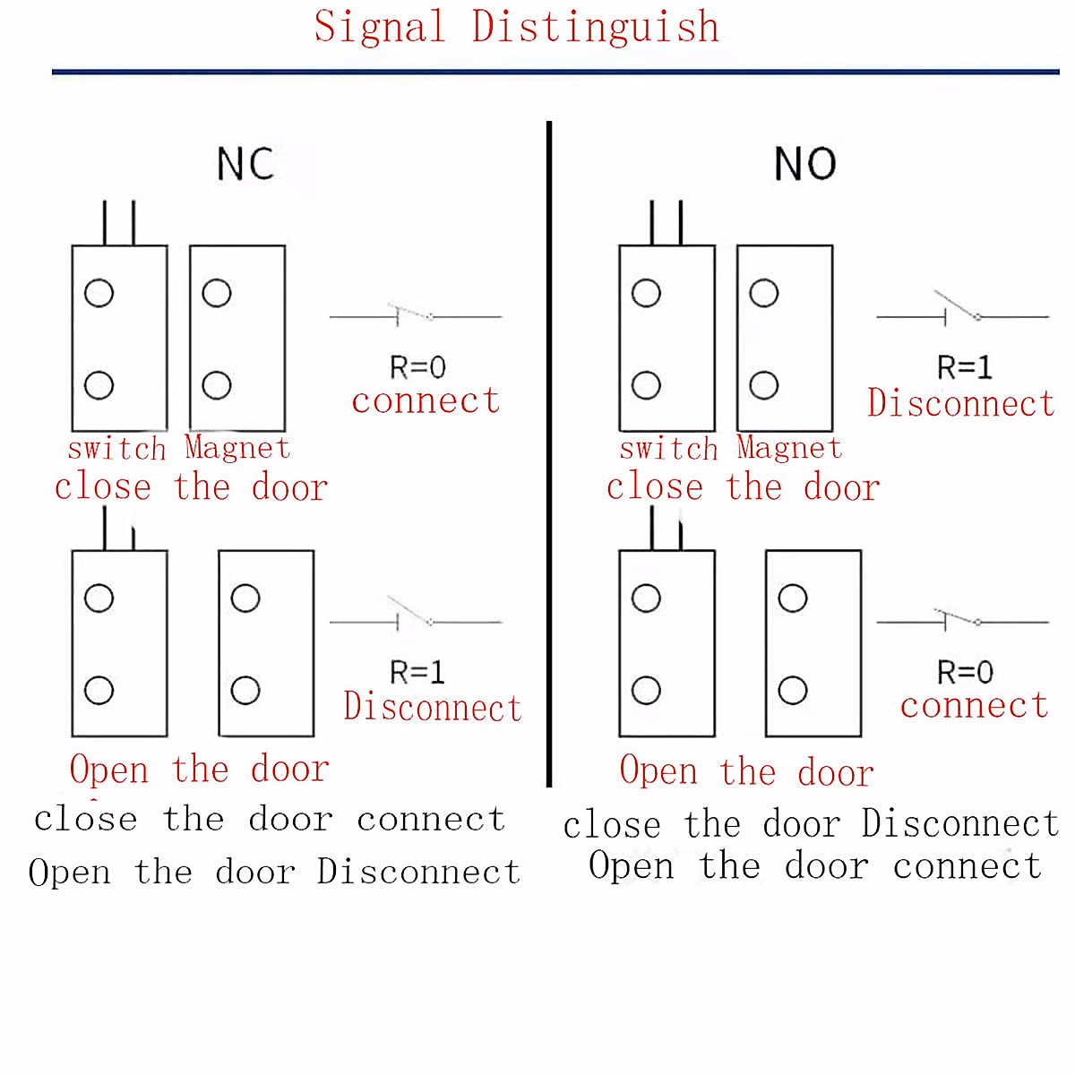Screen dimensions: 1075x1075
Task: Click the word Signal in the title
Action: click(x=380, y=27)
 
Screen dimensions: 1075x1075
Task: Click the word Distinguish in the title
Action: click(x=596, y=27)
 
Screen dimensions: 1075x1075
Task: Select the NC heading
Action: click(x=245, y=164)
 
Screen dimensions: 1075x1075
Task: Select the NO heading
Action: click(x=804, y=164)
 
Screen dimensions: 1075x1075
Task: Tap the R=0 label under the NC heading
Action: click(x=417, y=367)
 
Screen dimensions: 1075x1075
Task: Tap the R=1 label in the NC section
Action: click(x=417, y=672)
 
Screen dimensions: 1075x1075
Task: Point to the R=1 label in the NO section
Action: click(x=965, y=367)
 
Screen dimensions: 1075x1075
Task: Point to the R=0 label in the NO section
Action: click(x=965, y=672)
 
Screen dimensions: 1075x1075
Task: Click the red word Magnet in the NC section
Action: click(x=237, y=447)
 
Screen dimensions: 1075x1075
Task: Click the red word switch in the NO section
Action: click(x=668, y=448)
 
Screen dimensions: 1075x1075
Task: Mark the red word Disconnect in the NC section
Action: click(x=432, y=708)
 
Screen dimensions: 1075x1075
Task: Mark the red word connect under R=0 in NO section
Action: click(x=974, y=706)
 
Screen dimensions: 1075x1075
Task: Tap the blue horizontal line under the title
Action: click(x=555, y=72)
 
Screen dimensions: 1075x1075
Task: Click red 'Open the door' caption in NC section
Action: click(x=199, y=770)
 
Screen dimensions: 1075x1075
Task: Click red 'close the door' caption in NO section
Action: click(x=743, y=487)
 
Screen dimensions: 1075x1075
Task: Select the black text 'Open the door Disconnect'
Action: click(x=274, y=872)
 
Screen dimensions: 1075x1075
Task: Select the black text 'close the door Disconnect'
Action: click(x=811, y=824)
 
